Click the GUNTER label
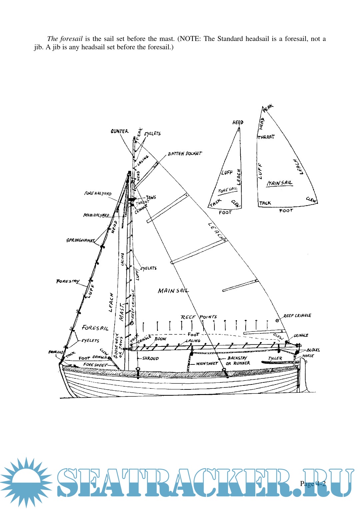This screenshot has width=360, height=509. pos(119,131)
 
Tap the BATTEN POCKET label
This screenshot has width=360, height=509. pos(185,154)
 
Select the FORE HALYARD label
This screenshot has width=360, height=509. pos(98,193)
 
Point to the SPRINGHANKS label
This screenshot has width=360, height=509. pos(80,240)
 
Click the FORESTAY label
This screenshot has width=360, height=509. pos(68,281)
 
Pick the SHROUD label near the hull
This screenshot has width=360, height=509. pos(150,358)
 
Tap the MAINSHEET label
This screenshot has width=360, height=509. pos(207,363)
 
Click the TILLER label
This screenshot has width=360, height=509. pos(275,358)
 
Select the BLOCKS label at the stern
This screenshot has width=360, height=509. pos(313,350)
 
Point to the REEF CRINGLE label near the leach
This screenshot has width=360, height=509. pos(297,315)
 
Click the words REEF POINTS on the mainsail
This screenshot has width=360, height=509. pos(199,317)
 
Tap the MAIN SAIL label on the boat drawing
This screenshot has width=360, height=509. pos(173,291)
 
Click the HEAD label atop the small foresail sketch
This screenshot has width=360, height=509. pos(238,123)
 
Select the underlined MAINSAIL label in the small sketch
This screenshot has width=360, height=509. pos(279,183)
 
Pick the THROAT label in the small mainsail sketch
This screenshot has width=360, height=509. pos(266,137)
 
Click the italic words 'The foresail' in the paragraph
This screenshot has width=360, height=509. pos(65,39)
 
